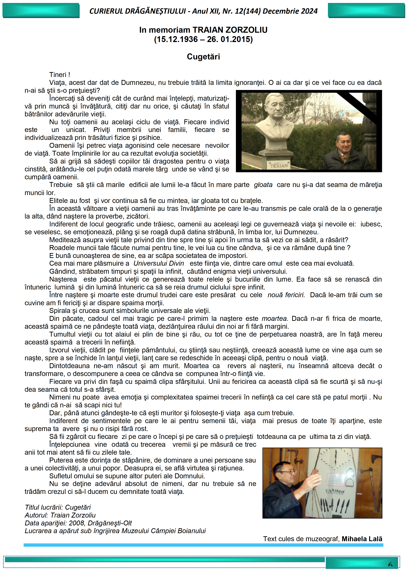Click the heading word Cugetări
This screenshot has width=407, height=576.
(x=203, y=57)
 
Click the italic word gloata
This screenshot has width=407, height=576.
(x=263, y=185)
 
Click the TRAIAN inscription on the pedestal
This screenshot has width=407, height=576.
(x=279, y=166)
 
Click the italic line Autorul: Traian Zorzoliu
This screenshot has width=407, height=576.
(x=60, y=515)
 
